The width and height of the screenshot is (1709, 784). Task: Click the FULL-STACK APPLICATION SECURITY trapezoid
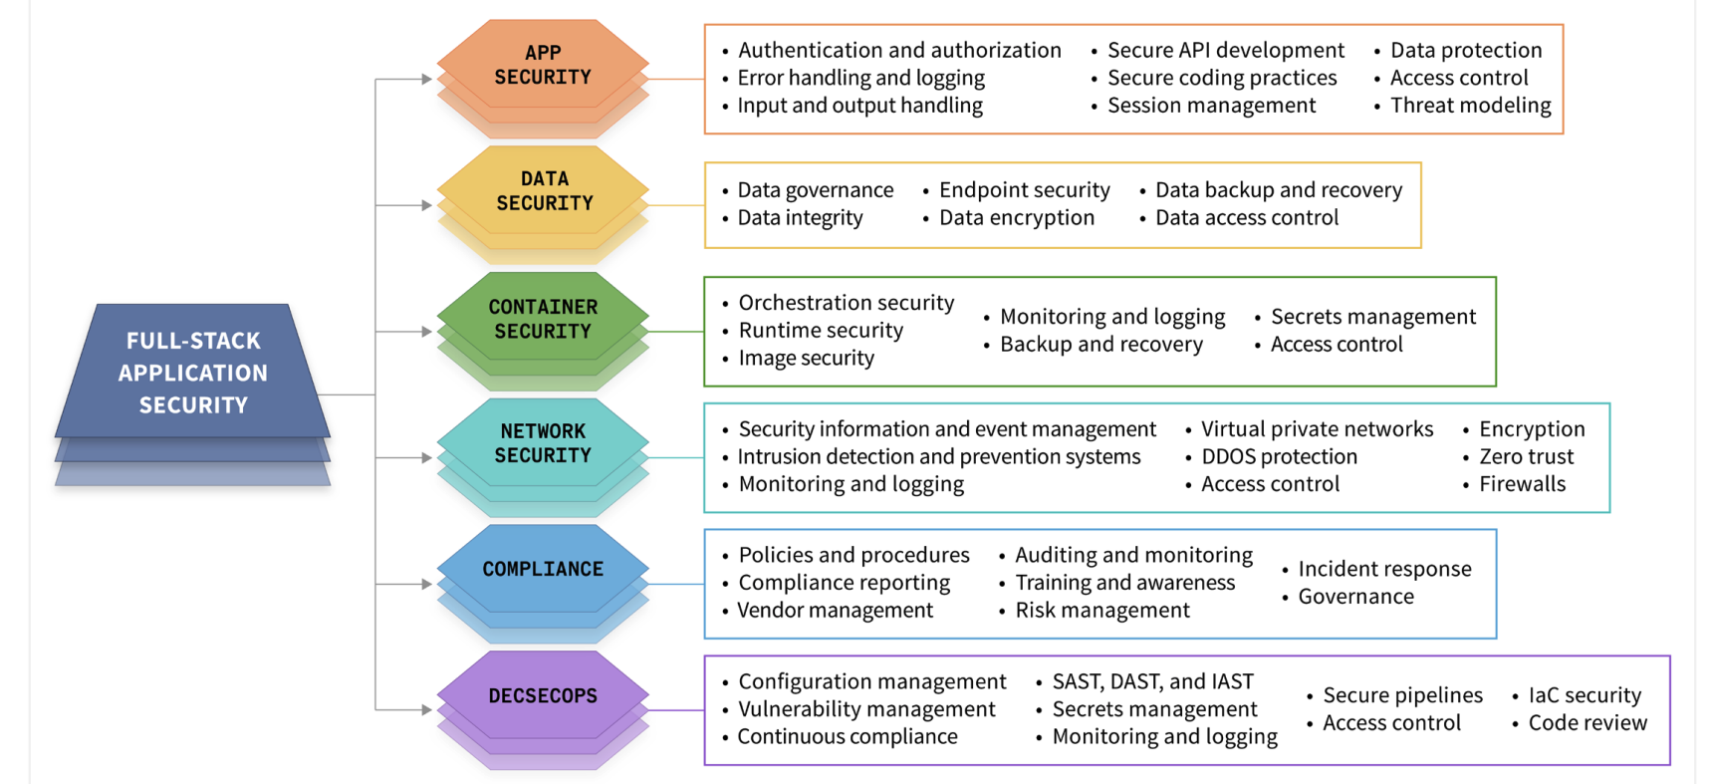[193, 373]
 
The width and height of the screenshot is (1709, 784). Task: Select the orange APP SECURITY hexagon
[543, 65]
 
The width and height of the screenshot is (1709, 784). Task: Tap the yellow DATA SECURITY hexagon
[544, 191]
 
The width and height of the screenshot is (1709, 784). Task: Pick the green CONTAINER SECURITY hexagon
[543, 319]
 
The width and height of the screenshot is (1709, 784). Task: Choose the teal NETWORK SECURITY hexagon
[543, 443]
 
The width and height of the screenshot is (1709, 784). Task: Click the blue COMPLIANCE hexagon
[543, 569]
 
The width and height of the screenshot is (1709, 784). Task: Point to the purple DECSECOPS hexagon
[543, 695]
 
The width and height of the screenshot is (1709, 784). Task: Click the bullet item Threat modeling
[1470, 106]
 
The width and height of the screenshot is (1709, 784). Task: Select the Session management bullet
[1211, 106]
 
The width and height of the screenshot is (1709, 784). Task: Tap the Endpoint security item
[1024, 190]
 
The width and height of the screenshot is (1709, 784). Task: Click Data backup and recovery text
[1278, 190]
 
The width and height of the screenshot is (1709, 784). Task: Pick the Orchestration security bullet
[846, 303]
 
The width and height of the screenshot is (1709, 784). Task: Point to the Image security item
[806, 359]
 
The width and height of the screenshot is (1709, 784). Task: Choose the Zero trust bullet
[1526, 457]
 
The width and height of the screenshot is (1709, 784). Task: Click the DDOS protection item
[1279, 457]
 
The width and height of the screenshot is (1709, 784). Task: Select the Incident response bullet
[1384, 569]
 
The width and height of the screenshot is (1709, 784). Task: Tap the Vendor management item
[835, 611]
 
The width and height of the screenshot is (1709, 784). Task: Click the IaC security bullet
[1585, 695]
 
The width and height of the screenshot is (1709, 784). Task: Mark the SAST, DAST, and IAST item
[1152, 682]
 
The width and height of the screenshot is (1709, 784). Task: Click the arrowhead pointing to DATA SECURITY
[426, 205]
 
